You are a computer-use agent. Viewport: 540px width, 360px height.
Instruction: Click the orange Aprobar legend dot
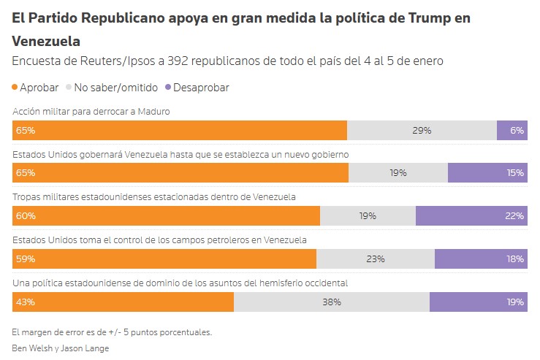click(x=15, y=88)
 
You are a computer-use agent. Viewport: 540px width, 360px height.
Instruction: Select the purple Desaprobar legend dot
click(x=168, y=88)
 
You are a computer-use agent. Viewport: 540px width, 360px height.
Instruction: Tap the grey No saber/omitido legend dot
click(x=69, y=88)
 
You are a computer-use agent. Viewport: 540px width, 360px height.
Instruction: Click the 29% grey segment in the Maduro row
click(x=422, y=130)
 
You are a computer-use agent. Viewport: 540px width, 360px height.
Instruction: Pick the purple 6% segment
click(x=512, y=130)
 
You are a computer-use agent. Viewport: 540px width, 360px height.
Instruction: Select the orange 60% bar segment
click(x=166, y=215)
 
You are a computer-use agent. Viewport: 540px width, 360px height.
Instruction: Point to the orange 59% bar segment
click(x=164, y=258)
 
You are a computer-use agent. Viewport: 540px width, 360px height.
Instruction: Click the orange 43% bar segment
click(x=123, y=302)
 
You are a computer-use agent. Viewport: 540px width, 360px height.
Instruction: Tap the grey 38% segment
click(x=332, y=302)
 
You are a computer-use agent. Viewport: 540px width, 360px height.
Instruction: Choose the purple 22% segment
click(x=471, y=215)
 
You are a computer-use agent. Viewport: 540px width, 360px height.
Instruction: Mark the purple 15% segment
click(x=487, y=173)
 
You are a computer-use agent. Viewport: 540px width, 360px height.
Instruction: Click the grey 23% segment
click(x=376, y=258)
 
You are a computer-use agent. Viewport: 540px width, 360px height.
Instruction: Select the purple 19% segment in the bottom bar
click(x=479, y=302)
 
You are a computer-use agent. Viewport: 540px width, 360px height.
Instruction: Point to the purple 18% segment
click(x=481, y=258)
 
